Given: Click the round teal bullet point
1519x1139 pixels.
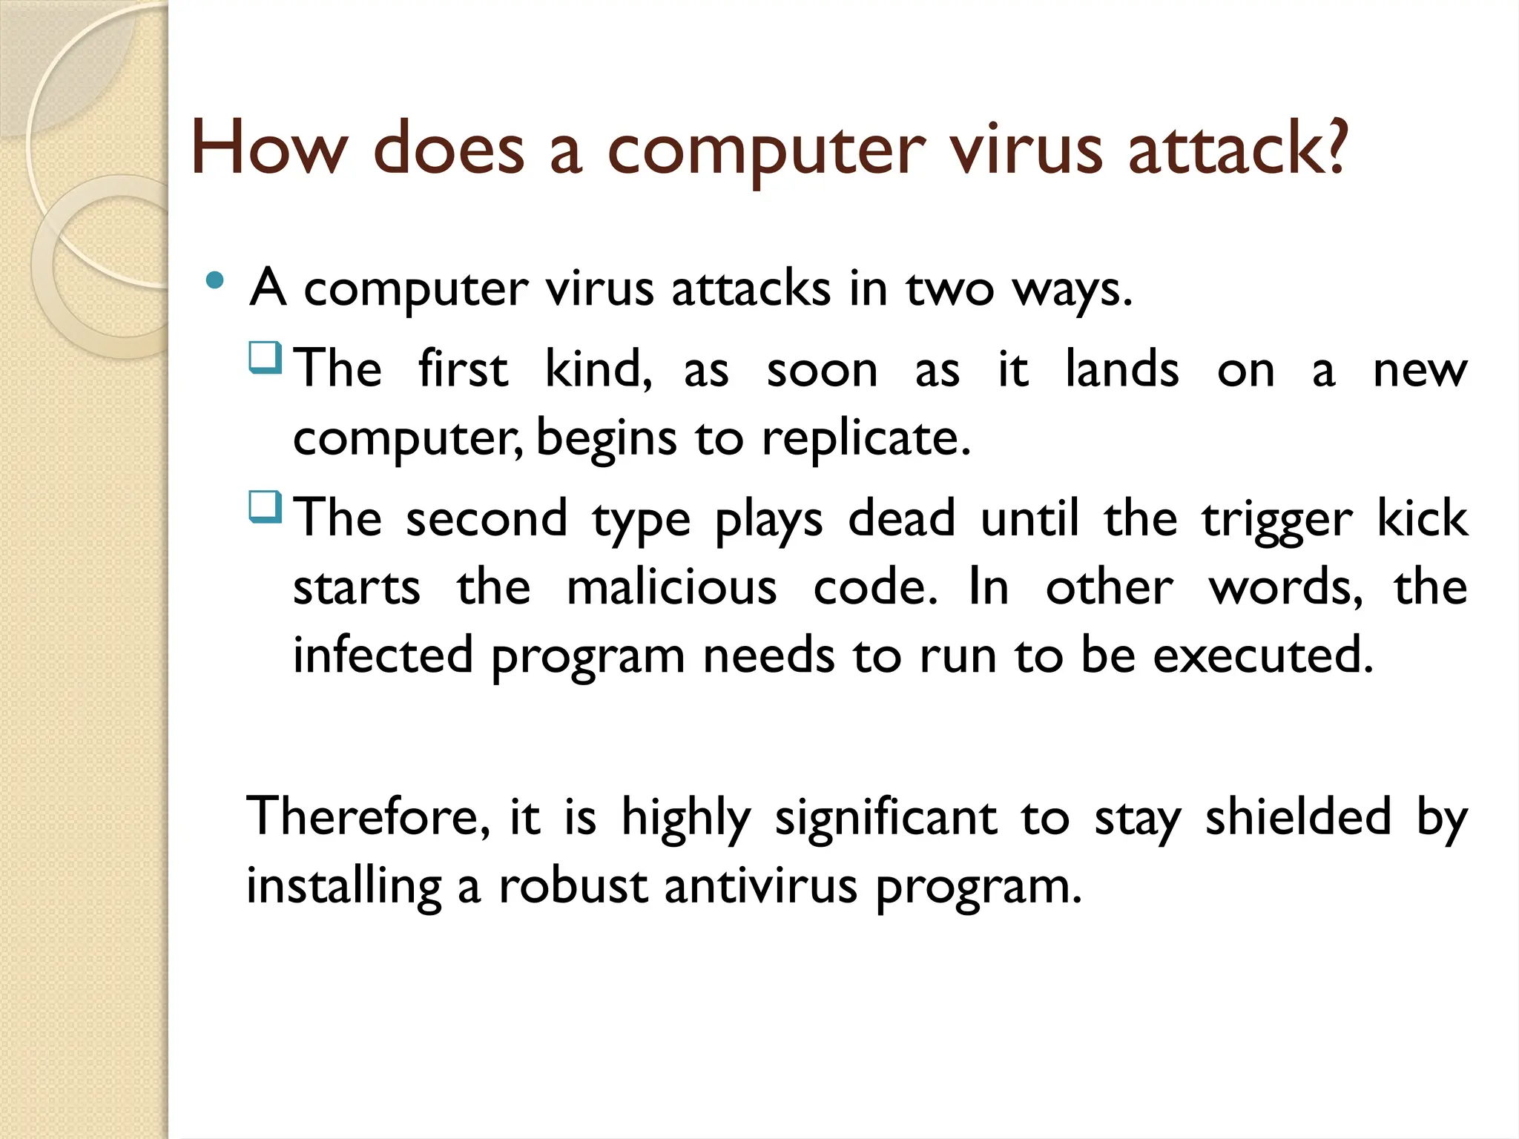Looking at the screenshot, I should [215, 280].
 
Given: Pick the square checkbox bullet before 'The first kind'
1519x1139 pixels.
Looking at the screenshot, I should [266, 357].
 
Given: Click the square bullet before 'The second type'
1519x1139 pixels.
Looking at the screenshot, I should [266, 507].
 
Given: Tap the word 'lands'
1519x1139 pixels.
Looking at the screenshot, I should [1121, 369].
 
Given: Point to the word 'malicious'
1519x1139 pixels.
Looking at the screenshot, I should [671, 587].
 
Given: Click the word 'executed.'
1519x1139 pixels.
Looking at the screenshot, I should [1263, 656].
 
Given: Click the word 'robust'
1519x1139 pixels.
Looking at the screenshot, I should [573, 886].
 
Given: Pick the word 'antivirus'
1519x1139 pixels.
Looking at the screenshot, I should [761, 886].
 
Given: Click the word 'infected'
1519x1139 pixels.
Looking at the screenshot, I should [383, 656].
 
